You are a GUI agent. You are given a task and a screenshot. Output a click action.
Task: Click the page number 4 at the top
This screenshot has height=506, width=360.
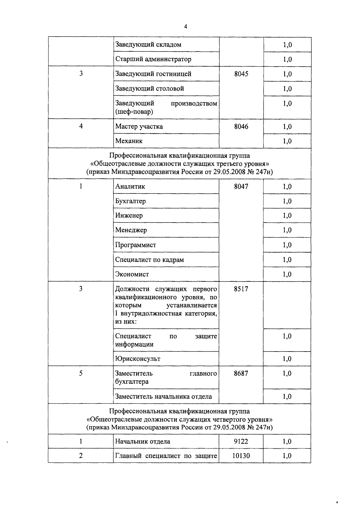(x=185, y=27)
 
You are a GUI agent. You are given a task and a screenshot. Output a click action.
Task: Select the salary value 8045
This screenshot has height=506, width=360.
(x=241, y=74)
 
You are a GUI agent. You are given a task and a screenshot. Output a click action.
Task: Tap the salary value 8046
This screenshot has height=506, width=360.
(x=241, y=126)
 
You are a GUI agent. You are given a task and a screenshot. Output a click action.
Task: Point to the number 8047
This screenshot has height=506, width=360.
(x=241, y=186)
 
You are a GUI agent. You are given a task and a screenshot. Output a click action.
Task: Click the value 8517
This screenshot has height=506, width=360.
(x=241, y=289)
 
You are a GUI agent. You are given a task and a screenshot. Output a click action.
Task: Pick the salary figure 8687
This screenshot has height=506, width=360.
(x=241, y=373)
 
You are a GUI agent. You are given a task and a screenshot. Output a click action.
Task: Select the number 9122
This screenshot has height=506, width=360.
(x=241, y=441)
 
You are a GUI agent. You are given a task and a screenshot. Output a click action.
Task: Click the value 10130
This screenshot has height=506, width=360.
(x=241, y=456)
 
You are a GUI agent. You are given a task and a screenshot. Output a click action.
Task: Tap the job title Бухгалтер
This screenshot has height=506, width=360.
(x=130, y=201)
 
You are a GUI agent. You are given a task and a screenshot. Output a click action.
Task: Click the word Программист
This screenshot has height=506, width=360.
(x=136, y=245)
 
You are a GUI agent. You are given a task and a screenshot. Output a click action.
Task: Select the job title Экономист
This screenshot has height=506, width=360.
(x=132, y=274)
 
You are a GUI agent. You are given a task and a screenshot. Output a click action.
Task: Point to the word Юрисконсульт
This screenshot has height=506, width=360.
(x=138, y=359)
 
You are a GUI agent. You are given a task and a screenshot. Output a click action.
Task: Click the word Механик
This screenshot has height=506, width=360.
(x=129, y=141)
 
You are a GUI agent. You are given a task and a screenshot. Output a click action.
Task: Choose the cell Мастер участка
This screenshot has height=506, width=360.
(x=139, y=126)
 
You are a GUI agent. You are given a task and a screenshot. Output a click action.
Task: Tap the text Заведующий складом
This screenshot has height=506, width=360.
(x=148, y=44)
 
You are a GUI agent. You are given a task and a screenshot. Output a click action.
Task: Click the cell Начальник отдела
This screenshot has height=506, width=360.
(x=142, y=441)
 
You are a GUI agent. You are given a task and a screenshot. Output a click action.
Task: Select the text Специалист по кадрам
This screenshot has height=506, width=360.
(x=149, y=259)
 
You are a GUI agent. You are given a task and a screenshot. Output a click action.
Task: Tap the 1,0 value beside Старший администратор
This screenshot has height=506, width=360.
(x=287, y=59)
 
